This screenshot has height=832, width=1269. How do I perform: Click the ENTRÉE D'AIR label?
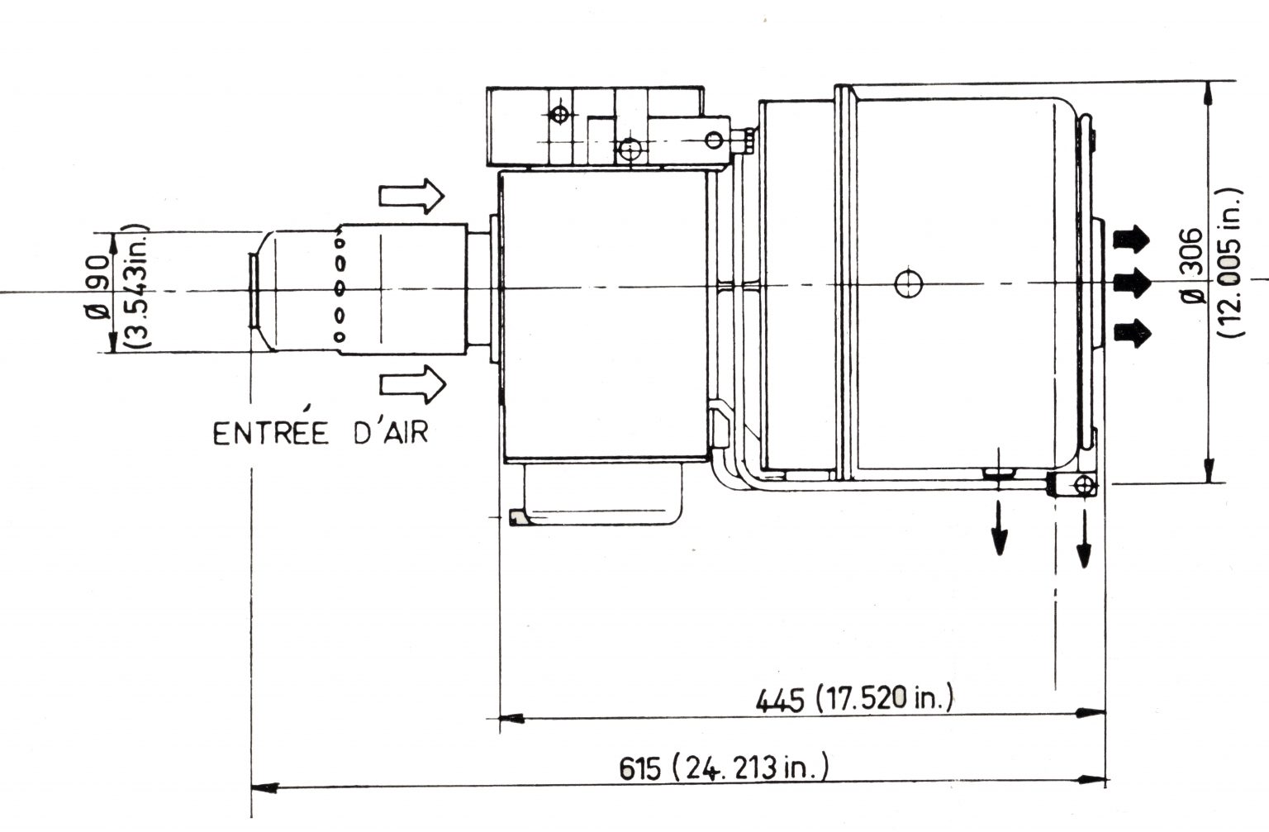(321, 433)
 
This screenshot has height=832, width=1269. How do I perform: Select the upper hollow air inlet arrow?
(411, 196)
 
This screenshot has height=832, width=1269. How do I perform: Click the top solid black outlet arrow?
(1132, 239)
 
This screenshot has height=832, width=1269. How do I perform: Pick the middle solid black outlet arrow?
(1132, 283)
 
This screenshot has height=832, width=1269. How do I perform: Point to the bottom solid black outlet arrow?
(1132, 333)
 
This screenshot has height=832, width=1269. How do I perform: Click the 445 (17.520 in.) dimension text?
(854, 699)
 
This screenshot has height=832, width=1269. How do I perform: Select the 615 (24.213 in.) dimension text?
(723, 768)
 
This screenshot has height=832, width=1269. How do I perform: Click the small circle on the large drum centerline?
(908, 284)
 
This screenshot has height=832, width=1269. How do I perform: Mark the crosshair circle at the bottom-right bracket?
(1084, 485)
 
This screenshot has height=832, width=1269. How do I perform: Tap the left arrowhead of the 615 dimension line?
(262, 784)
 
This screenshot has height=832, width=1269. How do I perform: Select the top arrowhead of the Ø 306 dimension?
(1210, 93)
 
